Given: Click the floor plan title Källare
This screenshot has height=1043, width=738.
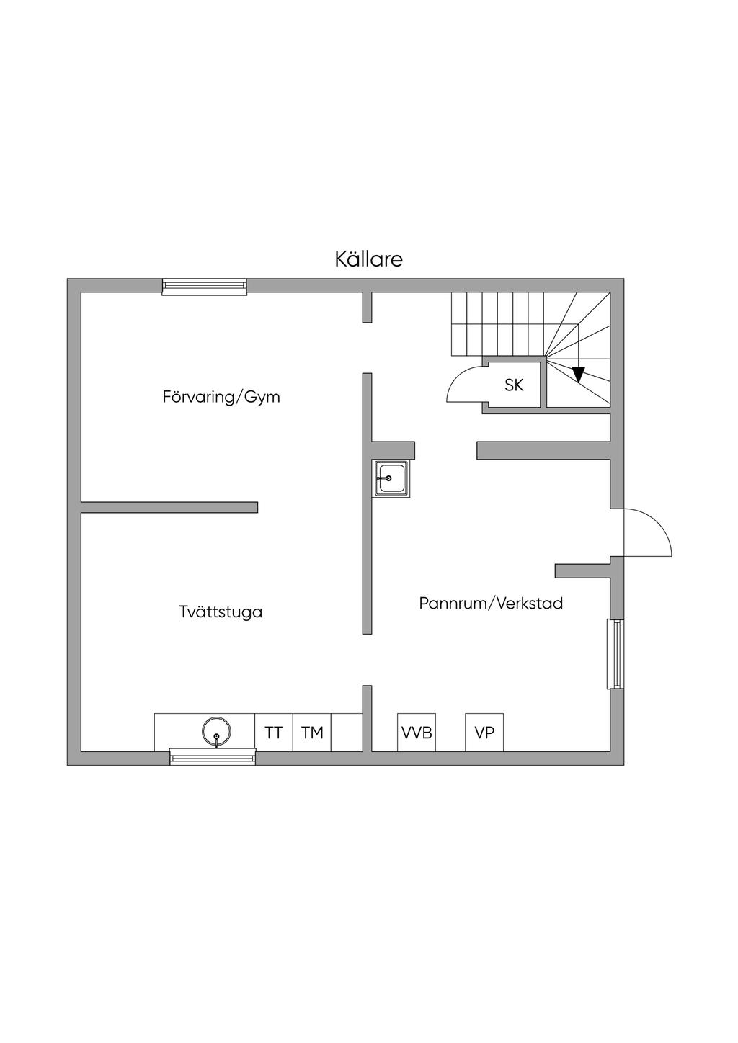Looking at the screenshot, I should point(368,259).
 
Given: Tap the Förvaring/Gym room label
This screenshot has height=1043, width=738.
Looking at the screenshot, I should point(221,397).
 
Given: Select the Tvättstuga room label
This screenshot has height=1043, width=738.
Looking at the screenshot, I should point(221,612).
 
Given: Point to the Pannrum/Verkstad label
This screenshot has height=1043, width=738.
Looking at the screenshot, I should point(491,604).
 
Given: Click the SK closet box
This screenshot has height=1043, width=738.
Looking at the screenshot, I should point(514,385).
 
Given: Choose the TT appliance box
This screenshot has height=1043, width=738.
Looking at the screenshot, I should point(274,733).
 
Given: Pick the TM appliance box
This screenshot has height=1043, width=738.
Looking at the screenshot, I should point(312,733).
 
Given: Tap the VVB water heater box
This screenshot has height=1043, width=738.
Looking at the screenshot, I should point(417,733).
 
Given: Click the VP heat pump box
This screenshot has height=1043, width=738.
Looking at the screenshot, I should point(484,733).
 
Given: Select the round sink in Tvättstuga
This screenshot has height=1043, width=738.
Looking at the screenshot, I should point(216,732).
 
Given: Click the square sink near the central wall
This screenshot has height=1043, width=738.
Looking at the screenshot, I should point(391,478).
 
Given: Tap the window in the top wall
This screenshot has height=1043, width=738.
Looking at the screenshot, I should point(205,287).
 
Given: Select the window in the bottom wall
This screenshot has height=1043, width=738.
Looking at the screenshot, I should point(213,756).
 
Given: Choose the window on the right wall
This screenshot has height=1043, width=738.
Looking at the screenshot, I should point(616,654).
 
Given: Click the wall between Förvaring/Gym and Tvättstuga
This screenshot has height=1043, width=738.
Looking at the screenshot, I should point(169,507).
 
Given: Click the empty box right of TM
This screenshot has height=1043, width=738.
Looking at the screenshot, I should point(346,733).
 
